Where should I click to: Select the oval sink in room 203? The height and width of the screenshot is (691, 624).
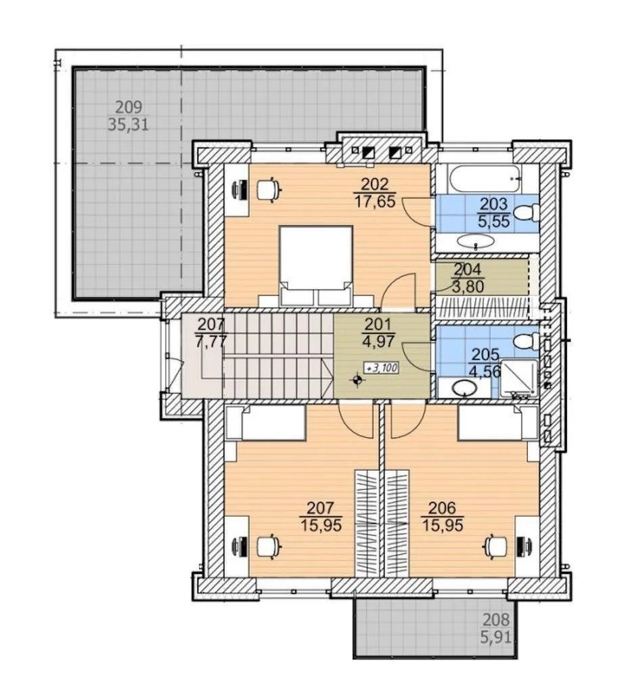(476, 240)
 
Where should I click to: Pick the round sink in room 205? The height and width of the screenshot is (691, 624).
(464, 388)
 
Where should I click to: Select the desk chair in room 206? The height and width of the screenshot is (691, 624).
(496, 547)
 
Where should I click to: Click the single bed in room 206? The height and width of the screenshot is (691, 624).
(497, 423)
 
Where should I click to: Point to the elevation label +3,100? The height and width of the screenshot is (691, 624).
(380, 368)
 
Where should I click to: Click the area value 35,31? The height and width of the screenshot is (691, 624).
(128, 125)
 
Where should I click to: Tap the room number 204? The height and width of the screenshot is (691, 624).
(468, 269)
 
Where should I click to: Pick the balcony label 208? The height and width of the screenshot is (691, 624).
(496, 620)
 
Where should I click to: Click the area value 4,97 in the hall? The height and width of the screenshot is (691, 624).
(379, 341)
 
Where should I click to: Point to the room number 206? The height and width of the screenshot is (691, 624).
(442, 508)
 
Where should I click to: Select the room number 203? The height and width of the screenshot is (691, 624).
(493, 205)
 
